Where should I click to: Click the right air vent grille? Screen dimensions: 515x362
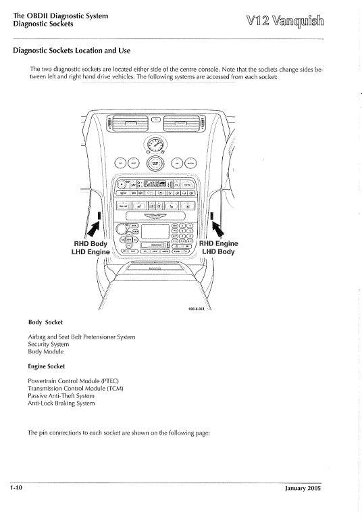click(184, 123)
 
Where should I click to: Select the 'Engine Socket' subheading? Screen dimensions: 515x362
click(47, 366)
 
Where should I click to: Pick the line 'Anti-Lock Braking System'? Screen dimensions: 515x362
click(61, 403)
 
